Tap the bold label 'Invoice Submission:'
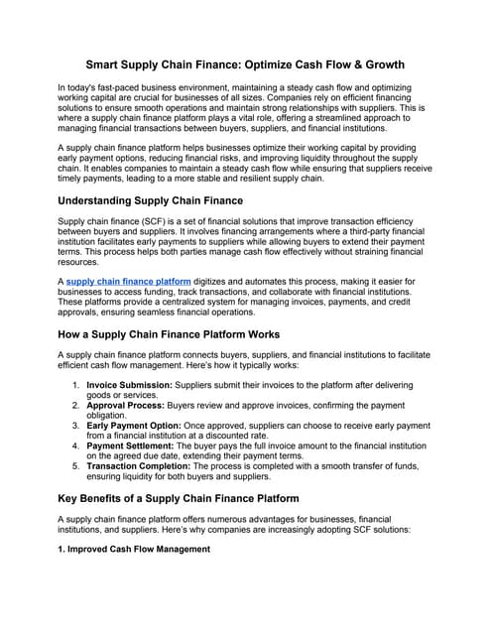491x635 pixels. tap(129, 383)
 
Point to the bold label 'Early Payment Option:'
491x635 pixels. tap(137, 426)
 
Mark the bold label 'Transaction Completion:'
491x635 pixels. tap(145, 467)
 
